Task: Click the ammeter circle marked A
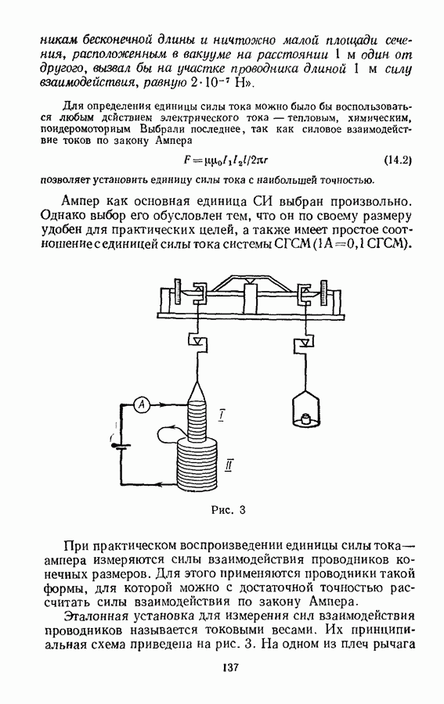click(x=142, y=405)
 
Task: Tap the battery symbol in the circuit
click(x=121, y=446)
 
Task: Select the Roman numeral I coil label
click(x=222, y=416)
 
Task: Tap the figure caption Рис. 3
click(x=229, y=510)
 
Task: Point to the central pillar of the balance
click(x=251, y=297)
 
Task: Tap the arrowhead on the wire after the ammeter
click(x=163, y=405)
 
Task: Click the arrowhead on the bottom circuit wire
click(x=161, y=483)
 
